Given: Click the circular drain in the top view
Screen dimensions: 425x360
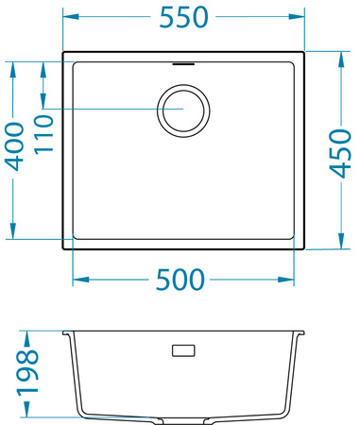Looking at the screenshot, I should click(182, 110).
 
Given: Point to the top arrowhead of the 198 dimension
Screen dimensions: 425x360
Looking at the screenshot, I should click(28, 336).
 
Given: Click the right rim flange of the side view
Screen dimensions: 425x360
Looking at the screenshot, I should click(301, 333).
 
